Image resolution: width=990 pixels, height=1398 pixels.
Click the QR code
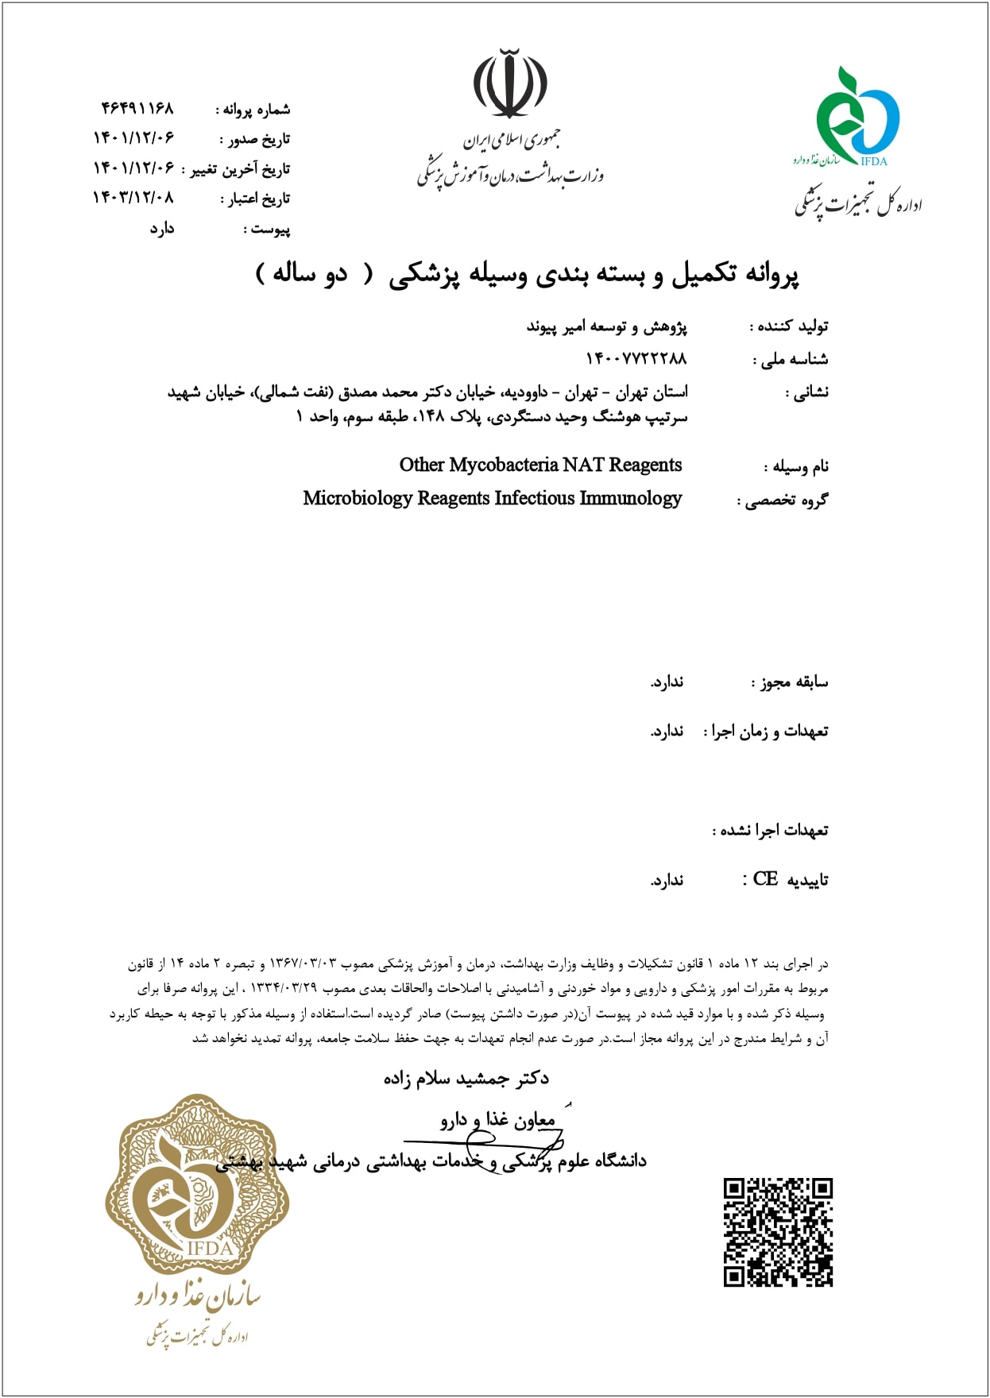point(778,1232)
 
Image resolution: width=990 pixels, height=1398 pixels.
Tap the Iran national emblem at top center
point(510,83)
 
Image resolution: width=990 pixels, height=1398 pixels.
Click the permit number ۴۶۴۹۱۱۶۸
point(137,108)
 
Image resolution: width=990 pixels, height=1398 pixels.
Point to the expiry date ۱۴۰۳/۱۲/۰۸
point(133,198)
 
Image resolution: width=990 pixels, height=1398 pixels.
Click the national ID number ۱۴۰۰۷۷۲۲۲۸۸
point(636,359)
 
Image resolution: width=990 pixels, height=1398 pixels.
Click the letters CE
point(765,879)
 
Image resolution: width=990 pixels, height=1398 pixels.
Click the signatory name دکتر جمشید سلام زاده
point(466,1078)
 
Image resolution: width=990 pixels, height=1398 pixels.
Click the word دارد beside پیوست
point(162,229)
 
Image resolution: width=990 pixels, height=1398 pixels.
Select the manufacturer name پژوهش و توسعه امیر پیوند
point(607,326)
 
